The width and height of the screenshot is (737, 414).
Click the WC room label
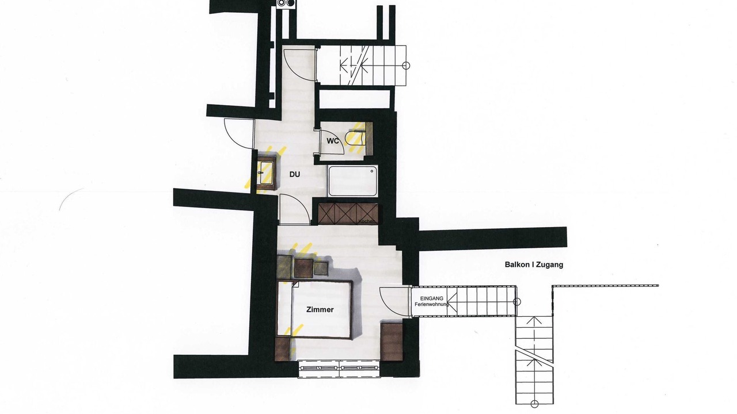[333, 141]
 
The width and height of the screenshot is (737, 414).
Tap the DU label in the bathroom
[295, 174]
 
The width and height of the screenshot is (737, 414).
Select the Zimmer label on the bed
[320, 309]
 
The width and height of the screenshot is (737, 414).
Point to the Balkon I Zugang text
[534, 264]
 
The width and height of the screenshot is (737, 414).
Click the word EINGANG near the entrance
[432, 298]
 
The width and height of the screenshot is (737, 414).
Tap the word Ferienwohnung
[432, 304]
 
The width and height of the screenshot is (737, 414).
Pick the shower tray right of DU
[352, 181]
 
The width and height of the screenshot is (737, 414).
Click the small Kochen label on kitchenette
[366, 221]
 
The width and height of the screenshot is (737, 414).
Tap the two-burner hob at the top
[287, 3]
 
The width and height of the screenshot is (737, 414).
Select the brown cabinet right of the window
[392, 342]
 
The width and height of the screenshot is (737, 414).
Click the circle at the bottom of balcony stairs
[535, 404]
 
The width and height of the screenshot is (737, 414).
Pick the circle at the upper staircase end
[406, 66]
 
